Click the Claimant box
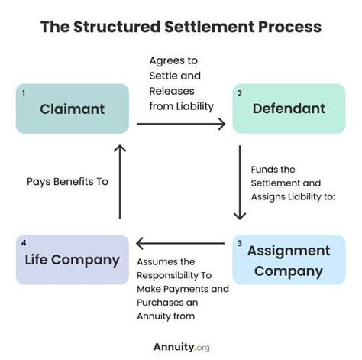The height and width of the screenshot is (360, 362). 72,109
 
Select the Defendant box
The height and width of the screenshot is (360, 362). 289,109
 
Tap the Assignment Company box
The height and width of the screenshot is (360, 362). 289,260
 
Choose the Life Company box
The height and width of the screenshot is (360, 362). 72,260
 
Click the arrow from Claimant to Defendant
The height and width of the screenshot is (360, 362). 180,123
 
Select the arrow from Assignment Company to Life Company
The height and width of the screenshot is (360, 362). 180,245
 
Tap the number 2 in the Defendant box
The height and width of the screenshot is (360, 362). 240,93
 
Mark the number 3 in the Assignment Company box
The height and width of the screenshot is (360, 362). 240,244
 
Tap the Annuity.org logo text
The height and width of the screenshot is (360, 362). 180,346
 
